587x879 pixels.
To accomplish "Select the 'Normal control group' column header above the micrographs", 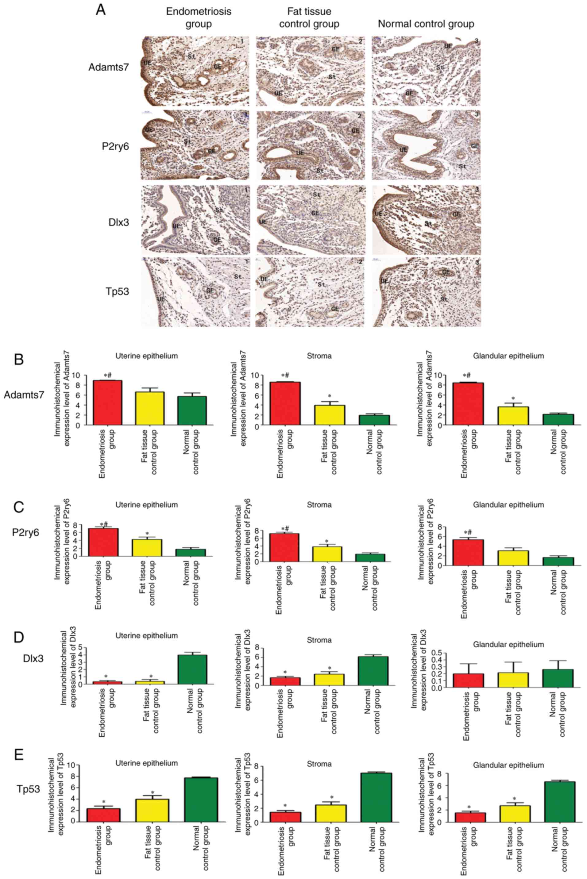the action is (426, 24).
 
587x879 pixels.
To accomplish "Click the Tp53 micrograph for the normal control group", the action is (427, 292).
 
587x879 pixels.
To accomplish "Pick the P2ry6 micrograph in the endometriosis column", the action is (195, 145).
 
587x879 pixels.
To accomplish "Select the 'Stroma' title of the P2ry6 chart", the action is (319, 505).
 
